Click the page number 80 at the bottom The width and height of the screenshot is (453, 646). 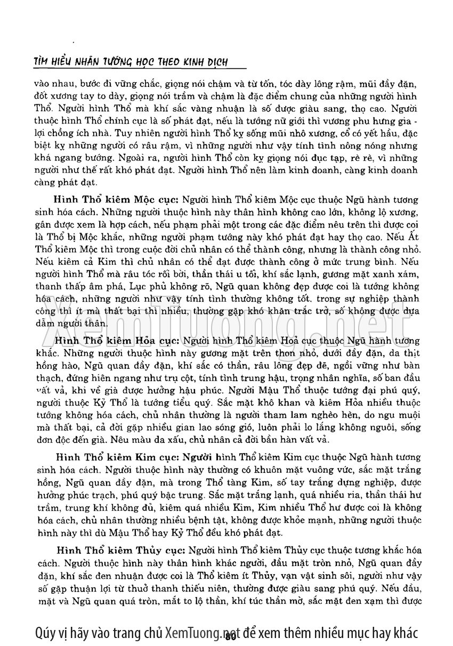click(231, 635)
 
